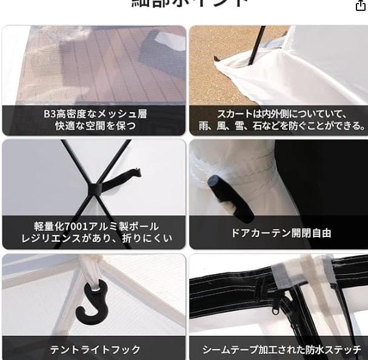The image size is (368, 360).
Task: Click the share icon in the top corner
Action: pos(360,5)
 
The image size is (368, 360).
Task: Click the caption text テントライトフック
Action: pos(95,350)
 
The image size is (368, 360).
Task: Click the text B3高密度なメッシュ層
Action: pos(95,114)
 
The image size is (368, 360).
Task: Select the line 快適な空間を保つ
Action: pos(95,127)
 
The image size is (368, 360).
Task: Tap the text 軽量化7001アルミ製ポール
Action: pos(95,225)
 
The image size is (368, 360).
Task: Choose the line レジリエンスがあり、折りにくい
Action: pos(95,239)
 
